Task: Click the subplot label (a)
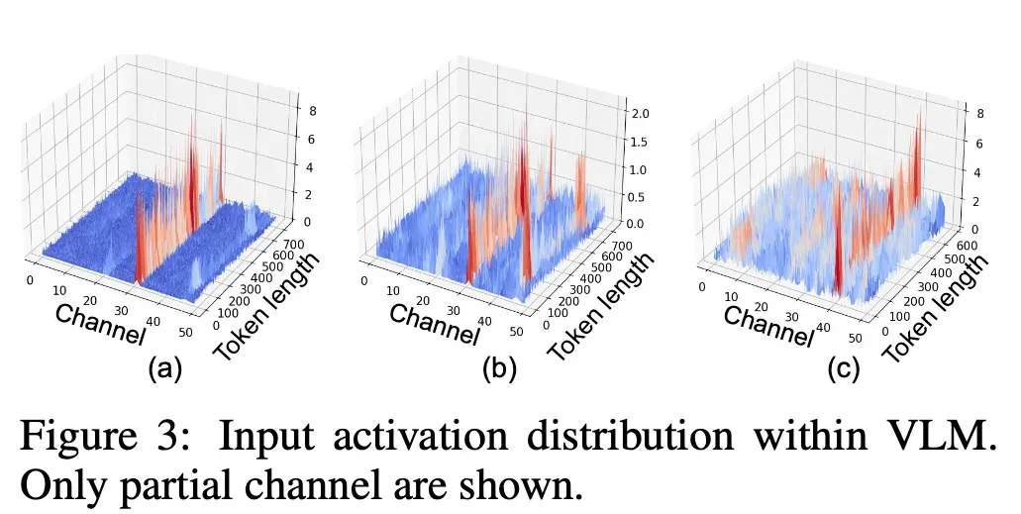[x=165, y=369]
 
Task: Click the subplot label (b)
[x=499, y=369]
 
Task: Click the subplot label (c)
[x=843, y=369]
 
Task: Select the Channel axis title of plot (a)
[x=100, y=323]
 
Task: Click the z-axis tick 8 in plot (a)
[x=313, y=111]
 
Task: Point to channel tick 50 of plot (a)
[x=185, y=332]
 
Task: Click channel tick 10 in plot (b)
[x=392, y=290]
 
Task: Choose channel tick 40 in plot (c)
[x=823, y=328]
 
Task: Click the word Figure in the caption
[x=79, y=437]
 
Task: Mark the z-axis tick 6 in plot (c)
[x=978, y=144]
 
